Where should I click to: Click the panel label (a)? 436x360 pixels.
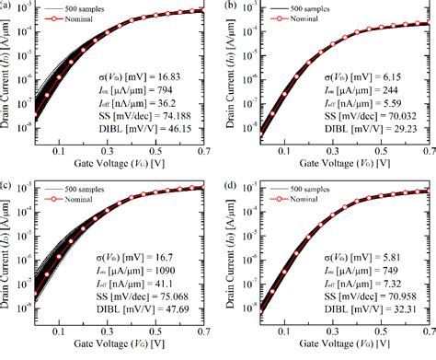[8, 6]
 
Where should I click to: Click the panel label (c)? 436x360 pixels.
[8, 188]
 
